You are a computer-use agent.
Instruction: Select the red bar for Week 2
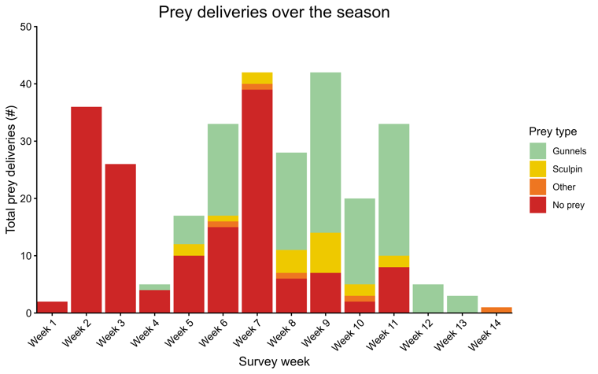tap(85, 209)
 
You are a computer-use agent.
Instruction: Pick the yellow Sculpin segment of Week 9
tap(324, 253)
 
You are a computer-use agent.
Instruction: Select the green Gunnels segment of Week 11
tap(393, 189)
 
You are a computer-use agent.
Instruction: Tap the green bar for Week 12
tap(426, 298)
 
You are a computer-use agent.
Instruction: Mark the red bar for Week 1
tap(51, 307)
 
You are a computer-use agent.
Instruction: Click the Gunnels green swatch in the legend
tap(538, 149)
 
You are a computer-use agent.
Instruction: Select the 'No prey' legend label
tap(569, 206)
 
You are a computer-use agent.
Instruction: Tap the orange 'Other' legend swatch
tap(538, 187)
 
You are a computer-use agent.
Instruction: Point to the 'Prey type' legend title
tap(552, 131)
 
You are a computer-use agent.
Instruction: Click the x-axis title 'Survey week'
tap(274, 362)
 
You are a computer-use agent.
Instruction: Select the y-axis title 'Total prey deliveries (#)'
tap(12, 170)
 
